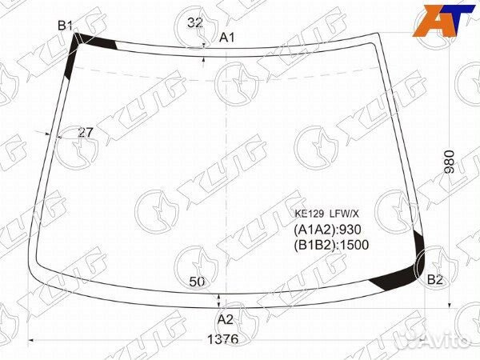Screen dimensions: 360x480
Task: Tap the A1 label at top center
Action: click(x=227, y=37)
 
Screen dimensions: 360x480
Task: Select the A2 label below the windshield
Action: click(x=226, y=319)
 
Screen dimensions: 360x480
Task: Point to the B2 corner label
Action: click(x=435, y=279)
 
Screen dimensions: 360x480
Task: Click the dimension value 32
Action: click(x=194, y=22)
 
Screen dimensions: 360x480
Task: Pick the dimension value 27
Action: click(x=86, y=133)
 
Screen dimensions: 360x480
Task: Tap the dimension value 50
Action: click(x=198, y=281)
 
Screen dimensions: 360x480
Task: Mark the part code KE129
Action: click(x=311, y=214)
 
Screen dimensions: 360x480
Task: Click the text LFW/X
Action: click(x=347, y=214)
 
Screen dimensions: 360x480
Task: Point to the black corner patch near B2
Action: click(x=400, y=277)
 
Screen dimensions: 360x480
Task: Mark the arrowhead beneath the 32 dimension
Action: click(x=206, y=45)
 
